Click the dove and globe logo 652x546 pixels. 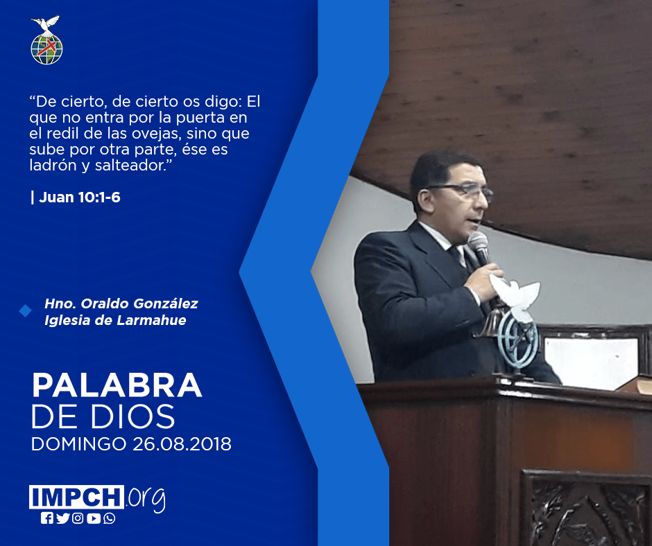tap(46, 40)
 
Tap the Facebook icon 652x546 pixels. tap(47, 518)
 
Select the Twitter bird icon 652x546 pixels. tap(62, 518)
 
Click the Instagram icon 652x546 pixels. tap(78, 518)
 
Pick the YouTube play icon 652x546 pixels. tap(94, 518)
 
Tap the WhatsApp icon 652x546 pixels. tap(110, 518)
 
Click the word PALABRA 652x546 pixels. tap(117, 386)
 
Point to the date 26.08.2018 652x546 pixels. tap(182, 443)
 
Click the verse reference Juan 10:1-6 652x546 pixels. tap(80, 197)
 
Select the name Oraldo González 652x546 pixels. tap(139, 303)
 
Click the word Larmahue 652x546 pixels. tap(151, 320)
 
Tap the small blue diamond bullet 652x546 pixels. tap(26, 310)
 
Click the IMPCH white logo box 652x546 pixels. tap(76, 497)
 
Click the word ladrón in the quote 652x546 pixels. tap(53, 166)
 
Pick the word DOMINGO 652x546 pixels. tap(78, 443)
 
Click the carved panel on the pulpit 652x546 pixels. tap(585, 508)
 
